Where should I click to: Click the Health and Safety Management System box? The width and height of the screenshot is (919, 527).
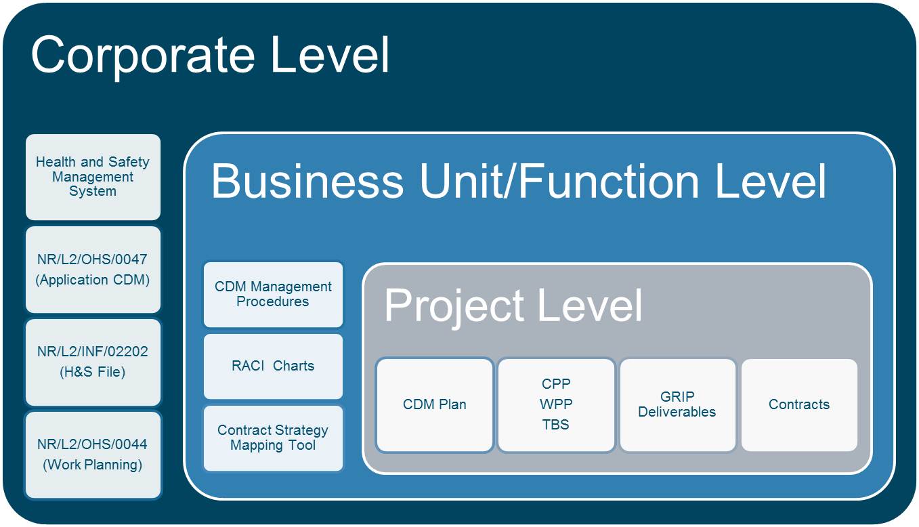pos(93,177)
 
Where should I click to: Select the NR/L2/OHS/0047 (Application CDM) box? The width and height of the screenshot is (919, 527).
pos(93,270)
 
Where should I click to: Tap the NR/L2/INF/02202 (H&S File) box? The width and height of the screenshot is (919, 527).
pos(93,362)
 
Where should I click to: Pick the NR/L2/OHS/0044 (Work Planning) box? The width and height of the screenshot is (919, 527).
pos(93,455)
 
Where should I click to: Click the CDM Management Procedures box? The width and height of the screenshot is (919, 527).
pos(273,294)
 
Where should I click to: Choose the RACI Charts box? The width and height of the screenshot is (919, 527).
pos(273,366)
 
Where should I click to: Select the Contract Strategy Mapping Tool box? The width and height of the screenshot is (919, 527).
pos(273,438)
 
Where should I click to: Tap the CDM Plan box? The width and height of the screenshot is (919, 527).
pos(435,404)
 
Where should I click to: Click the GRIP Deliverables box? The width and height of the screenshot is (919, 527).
pos(678,404)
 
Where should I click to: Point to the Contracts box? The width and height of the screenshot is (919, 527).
pos(799,404)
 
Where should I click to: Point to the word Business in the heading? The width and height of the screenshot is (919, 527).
pos(307,181)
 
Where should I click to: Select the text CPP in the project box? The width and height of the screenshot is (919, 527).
pos(556,384)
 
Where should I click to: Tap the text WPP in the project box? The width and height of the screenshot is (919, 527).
pos(556,404)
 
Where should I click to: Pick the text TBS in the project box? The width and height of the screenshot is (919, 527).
pos(556,425)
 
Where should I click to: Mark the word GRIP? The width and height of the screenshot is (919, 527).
pos(677,397)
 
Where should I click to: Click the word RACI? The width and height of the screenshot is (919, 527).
pos(248,366)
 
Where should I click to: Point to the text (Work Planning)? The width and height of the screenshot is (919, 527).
pos(93,465)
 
